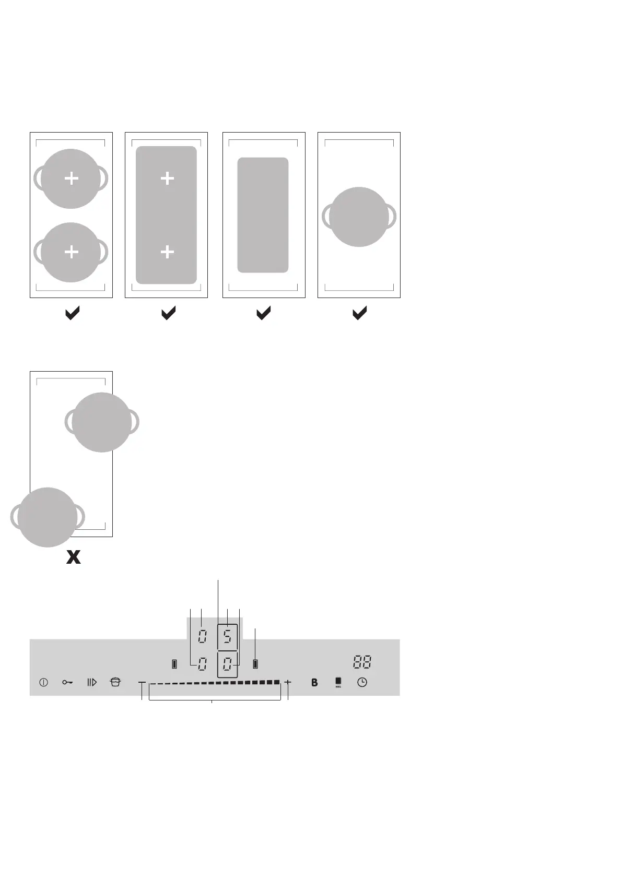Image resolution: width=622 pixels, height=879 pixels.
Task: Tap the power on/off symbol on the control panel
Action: [x=44, y=682]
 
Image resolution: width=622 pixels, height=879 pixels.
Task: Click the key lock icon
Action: [x=67, y=682]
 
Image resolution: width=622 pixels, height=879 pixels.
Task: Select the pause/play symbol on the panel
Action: [x=92, y=682]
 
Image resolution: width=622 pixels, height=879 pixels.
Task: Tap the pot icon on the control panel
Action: [x=115, y=682]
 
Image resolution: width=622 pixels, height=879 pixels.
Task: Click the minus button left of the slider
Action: [x=142, y=682]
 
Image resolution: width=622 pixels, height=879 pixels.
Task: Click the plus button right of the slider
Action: [x=288, y=682]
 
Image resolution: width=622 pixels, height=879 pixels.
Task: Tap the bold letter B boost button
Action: [x=314, y=682]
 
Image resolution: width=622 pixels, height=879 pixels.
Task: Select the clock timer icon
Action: [x=362, y=682]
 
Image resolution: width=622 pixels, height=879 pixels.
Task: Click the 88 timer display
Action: [x=362, y=663]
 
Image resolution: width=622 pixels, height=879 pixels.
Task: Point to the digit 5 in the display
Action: [x=228, y=637]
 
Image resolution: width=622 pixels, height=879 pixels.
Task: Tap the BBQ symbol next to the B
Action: [x=338, y=682]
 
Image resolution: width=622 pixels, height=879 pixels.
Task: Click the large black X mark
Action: [x=73, y=557]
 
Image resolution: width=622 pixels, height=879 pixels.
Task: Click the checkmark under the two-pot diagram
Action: [x=72, y=313]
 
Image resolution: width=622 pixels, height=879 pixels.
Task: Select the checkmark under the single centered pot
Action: [x=359, y=313]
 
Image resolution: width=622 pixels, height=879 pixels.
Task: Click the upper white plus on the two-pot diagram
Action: [x=71, y=179]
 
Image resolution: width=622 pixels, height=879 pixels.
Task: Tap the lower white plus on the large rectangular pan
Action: [x=167, y=253]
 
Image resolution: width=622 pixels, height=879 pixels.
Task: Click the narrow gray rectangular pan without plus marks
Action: [x=263, y=215]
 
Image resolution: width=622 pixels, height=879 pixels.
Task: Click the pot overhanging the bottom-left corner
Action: [x=47, y=517]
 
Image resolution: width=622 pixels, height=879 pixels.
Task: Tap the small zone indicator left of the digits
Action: [x=174, y=664]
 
